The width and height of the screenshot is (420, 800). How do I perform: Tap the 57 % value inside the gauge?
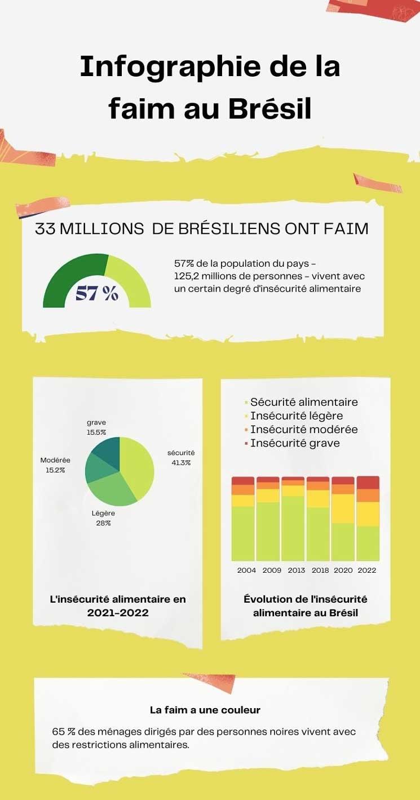pos(97,293)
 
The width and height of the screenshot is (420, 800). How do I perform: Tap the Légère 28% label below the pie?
pos(103,518)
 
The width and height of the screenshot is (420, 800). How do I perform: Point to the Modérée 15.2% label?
pos(55,465)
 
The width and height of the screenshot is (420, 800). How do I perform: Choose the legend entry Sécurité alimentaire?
pos(304,402)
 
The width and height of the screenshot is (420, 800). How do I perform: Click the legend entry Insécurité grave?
pos(295,443)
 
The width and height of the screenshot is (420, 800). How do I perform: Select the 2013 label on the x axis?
pos(296,570)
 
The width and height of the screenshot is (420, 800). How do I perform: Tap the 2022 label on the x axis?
pos(367,570)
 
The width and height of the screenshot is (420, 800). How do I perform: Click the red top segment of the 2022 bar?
pos(368,483)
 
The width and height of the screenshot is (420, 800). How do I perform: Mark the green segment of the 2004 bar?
pos(243,533)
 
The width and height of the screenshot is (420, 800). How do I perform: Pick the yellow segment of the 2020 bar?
pos(343,508)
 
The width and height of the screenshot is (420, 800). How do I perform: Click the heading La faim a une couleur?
pos(205,710)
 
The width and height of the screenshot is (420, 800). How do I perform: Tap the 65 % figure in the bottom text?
pos(63,731)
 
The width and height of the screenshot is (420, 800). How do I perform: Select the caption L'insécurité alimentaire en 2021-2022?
pos(118,605)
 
